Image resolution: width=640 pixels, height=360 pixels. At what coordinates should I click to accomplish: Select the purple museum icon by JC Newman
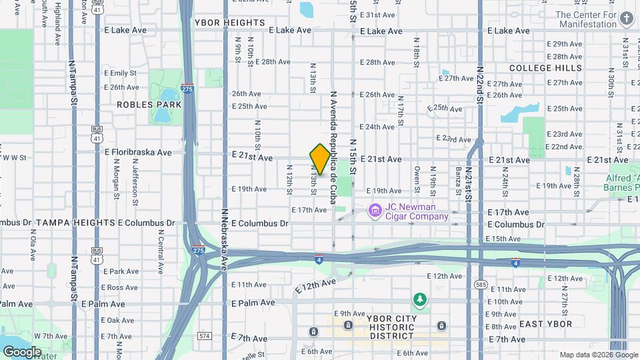(x=375, y=211)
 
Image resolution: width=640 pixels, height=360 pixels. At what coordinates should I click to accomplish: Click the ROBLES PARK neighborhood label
(x=149, y=105)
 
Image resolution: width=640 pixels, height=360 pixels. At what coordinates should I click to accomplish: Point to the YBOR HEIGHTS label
(x=230, y=23)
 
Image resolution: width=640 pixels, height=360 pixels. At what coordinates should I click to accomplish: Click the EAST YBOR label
(x=545, y=324)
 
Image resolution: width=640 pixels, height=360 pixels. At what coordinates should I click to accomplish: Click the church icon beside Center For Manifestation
(x=628, y=19)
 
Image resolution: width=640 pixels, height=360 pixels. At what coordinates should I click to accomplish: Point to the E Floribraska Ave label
(x=138, y=152)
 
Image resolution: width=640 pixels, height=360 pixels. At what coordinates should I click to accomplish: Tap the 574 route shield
(x=205, y=335)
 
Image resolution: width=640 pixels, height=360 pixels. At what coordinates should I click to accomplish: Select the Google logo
(x=22, y=351)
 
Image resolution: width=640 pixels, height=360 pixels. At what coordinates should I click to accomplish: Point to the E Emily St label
(x=120, y=73)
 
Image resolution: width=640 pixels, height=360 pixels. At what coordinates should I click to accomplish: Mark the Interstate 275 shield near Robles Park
(x=189, y=89)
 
